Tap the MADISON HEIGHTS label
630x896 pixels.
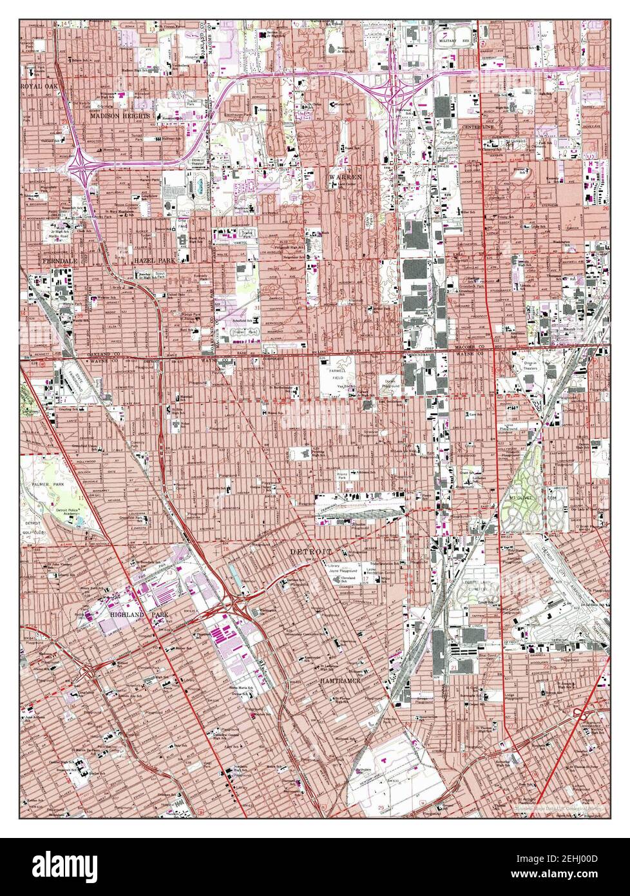click(120, 116)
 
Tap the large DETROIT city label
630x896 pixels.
click(311, 552)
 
